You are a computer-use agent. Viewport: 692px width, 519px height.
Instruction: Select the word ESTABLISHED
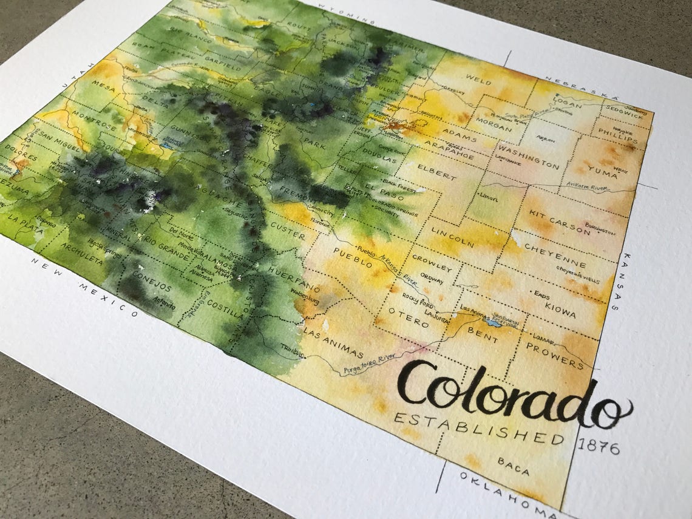[478, 429]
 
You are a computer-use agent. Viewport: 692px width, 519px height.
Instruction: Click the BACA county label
[513, 466]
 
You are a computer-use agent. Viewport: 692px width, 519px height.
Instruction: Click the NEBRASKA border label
[580, 89]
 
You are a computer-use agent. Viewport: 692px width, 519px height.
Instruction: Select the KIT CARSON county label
[558, 222]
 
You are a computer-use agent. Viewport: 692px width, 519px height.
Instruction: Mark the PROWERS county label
[554, 354]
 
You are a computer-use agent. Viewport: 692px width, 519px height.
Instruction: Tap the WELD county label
[478, 79]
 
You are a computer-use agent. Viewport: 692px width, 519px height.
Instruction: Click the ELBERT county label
[435, 172]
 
